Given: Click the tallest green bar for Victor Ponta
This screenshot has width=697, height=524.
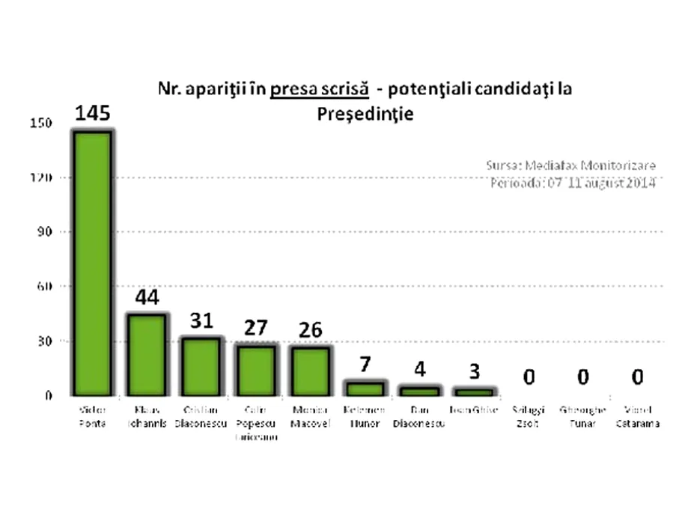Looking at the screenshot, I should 92,263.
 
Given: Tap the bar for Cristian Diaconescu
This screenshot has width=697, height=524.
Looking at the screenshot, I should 201,366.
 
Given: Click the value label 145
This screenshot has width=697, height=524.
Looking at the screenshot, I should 92,114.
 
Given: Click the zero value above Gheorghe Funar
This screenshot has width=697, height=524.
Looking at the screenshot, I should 582,377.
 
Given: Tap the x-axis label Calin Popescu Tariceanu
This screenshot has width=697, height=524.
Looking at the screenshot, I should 256,423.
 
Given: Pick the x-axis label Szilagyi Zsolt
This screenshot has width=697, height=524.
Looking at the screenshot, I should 529,416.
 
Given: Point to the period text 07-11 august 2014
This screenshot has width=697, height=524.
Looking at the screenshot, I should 600,183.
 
